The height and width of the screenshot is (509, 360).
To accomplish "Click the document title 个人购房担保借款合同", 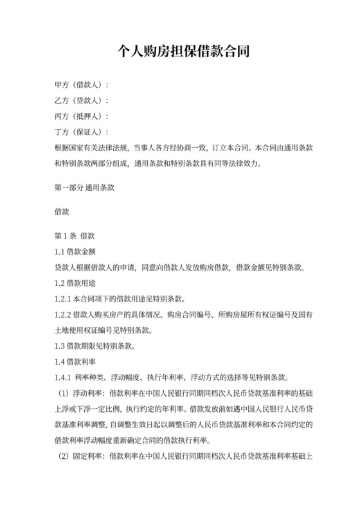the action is pyautogui.click(x=180, y=51).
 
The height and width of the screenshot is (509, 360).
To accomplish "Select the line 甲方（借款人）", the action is pyautogui.click(x=82, y=85).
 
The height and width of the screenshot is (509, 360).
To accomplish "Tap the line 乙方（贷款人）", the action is pyautogui.click(x=82, y=101).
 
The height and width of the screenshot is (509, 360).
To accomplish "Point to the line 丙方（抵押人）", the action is pyautogui.click(x=82, y=116).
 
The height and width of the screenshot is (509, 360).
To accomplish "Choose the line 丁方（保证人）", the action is pyautogui.click(x=82, y=132).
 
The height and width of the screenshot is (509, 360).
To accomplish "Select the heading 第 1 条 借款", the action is pyautogui.click(x=75, y=236).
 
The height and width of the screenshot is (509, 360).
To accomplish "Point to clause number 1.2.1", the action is pyautogui.click(x=65, y=299).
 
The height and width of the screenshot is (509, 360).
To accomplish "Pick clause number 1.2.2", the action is pyautogui.click(x=65, y=315).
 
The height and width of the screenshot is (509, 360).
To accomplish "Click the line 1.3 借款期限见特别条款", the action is pyautogui.click(x=95, y=346).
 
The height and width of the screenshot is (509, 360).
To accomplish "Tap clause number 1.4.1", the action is pyautogui.click(x=65, y=378).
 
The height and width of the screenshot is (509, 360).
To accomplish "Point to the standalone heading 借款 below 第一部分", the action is pyautogui.click(x=62, y=211).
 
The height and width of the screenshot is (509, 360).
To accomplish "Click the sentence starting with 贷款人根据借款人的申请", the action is pyautogui.click(x=180, y=267).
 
